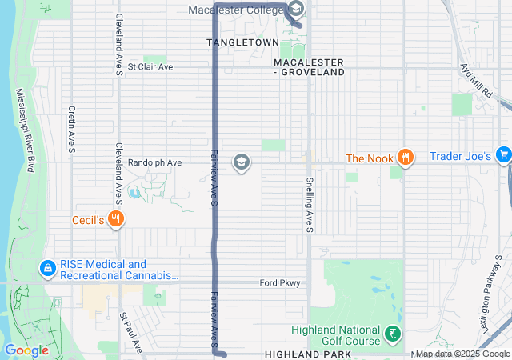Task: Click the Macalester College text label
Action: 235,10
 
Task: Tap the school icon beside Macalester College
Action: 295,10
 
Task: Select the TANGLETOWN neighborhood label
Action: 243,42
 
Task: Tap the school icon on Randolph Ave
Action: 240,163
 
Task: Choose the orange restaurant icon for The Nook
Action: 406,158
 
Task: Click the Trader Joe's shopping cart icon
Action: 502,154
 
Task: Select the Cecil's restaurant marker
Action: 117,218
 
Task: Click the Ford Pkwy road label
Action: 279,283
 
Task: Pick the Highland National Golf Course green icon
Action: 392,334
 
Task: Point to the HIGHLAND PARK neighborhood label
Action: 307,354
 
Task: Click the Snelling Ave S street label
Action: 308,206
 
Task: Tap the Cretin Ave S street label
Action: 71,128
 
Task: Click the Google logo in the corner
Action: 26,350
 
